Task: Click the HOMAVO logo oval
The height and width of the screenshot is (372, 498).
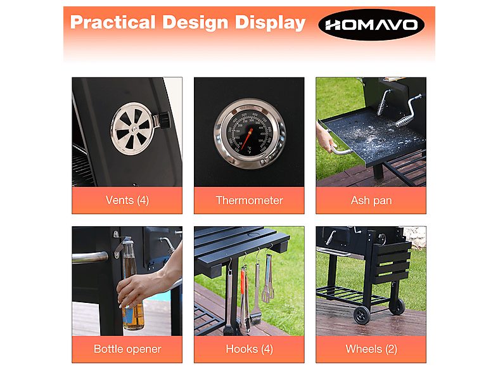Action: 371,25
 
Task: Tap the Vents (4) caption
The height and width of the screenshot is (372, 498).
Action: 127,200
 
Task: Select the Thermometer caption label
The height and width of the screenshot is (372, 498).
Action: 249,200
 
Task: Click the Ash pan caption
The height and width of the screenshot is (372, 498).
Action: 371,200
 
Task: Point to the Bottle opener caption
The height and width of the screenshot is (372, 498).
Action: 127,349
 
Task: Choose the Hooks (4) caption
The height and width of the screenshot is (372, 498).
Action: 249,349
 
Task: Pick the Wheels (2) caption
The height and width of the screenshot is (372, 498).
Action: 371,349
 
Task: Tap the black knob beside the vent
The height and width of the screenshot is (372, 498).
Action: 163,119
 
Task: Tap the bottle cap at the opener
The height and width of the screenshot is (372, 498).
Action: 127,241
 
